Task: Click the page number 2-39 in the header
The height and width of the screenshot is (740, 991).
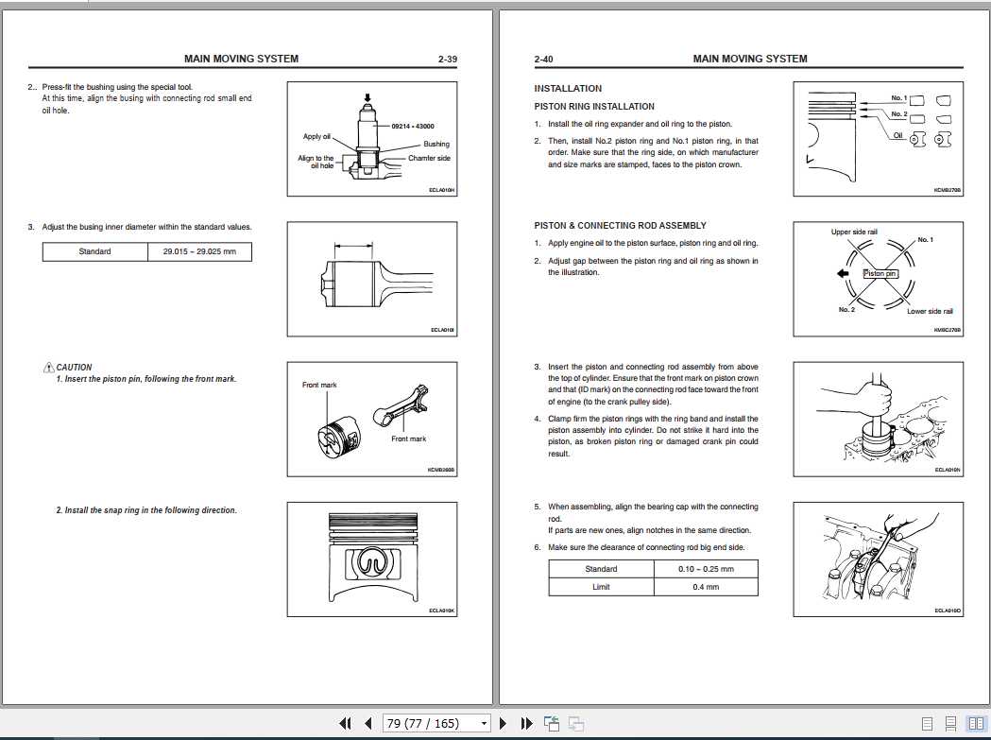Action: click(448, 59)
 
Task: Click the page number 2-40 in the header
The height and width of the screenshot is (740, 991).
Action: click(543, 59)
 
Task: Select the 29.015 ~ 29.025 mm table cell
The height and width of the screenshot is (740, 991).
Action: click(199, 251)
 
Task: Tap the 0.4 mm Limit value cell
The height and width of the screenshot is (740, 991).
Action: click(705, 587)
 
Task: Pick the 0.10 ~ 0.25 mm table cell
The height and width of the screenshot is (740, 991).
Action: click(705, 569)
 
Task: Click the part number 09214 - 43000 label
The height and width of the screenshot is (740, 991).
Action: click(411, 125)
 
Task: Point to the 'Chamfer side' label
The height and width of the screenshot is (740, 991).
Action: click(429, 158)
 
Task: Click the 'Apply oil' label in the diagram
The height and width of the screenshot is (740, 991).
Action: click(316, 137)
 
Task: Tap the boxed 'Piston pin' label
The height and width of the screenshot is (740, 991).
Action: click(880, 273)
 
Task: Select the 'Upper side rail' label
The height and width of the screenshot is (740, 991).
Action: click(854, 232)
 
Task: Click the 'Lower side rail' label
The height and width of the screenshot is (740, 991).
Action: click(930, 311)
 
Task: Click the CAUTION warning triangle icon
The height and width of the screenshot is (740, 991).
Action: click(48, 368)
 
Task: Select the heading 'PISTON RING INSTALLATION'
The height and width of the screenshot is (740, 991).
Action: click(593, 107)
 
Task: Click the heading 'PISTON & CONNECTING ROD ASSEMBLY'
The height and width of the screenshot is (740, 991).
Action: click(620, 226)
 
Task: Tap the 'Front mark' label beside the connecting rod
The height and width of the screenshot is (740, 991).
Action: click(408, 439)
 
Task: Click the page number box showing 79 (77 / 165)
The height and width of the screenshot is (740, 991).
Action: click(436, 724)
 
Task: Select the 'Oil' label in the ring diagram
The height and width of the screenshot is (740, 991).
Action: click(897, 135)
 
